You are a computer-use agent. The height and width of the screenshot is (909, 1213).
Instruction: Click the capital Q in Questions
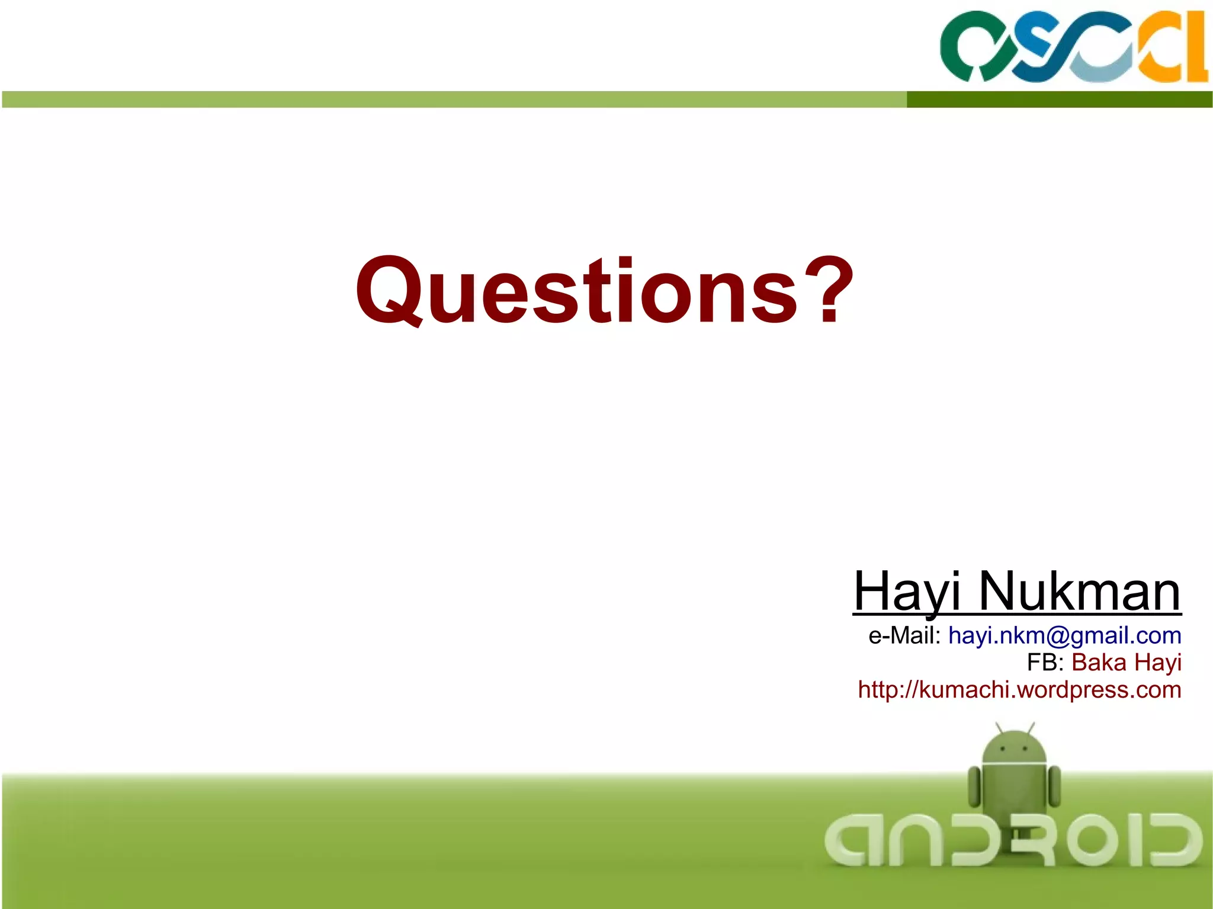coord(390,291)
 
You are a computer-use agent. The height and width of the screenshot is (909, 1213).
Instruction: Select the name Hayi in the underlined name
coord(906,592)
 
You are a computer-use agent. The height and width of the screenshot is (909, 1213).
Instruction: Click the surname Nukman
coord(1079,592)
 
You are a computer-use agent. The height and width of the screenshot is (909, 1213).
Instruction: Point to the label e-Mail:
coord(904,635)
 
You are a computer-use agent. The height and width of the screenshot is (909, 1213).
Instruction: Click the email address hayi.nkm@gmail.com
coord(1064,635)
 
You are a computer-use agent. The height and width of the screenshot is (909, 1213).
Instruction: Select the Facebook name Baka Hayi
coord(1126,663)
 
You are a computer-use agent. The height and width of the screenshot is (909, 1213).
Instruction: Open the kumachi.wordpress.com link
coord(1019,690)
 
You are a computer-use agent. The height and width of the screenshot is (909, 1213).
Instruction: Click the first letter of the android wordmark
coord(848,840)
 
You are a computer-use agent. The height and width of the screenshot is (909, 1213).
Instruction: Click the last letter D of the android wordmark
coord(1176,840)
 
